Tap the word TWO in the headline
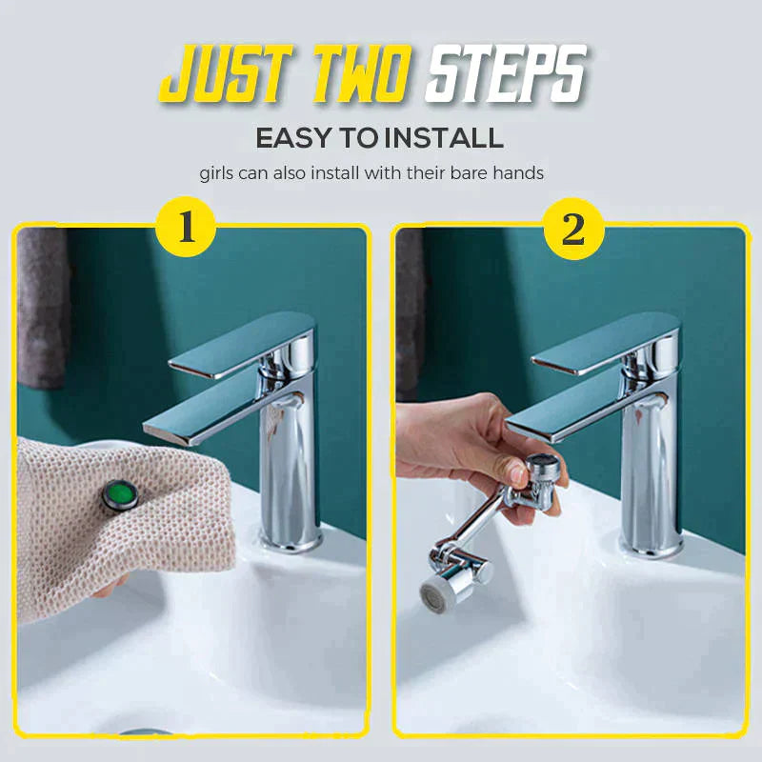coord(361,74)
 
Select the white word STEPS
coord(506,74)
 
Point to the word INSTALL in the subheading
coord(443,138)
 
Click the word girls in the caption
coord(217,174)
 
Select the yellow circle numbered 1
coord(187,228)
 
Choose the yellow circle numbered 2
coord(573,229)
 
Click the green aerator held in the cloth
coord(120,494)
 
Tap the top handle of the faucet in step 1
coord(243,344)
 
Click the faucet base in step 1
coord(291,539)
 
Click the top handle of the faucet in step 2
coord(606,344)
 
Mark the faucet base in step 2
coord(652,544)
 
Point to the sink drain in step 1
coord(146,732)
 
